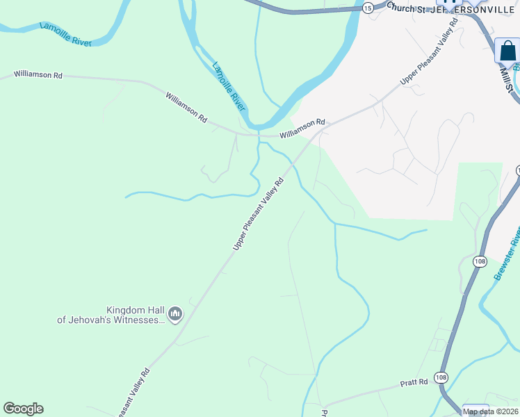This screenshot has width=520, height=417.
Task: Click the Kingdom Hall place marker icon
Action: [174, 315]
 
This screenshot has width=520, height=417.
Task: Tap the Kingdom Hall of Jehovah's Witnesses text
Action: [111, 315]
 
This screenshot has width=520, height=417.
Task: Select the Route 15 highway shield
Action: [368, 6]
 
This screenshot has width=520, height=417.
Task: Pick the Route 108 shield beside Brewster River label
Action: [479, 261]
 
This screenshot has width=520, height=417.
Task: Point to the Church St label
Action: [406, 8]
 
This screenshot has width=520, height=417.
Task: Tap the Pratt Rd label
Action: [413, 383]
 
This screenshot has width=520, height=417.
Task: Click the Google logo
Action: [23, 408]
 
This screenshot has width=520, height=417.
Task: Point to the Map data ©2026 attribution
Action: [490, 411]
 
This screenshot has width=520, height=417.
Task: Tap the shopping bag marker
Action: [508, 51]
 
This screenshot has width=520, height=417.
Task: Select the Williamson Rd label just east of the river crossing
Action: [302, 129]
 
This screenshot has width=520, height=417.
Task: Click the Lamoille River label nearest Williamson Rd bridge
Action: [229, 86]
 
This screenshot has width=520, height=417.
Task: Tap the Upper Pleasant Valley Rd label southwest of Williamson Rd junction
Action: [259, 213]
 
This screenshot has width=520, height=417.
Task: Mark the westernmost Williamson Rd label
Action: [38, 74]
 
